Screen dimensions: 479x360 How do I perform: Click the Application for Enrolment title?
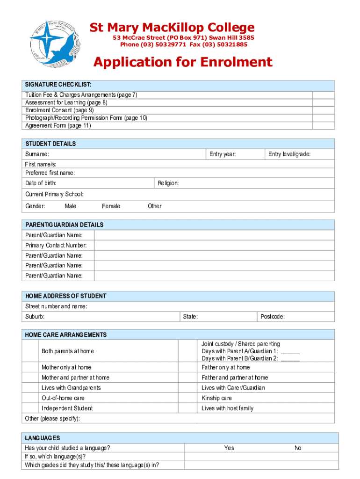tap(182, 62)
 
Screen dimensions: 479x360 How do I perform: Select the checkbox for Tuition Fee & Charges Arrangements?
tap(324, 95)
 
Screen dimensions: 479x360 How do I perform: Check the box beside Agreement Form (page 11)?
tap(324, 125)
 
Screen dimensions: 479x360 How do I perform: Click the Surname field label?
tap(37, 154)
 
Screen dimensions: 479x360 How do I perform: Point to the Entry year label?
tap(223, 154)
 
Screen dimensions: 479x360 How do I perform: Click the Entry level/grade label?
tap(289, 154)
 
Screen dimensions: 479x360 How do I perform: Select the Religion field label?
tap(168, 183)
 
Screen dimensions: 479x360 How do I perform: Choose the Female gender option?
tap(111, 206)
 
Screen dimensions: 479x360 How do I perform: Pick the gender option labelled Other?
tap(154, 206)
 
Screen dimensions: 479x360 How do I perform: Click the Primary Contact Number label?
tap(56, 246)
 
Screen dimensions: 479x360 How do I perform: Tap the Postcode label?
tap(273, 317)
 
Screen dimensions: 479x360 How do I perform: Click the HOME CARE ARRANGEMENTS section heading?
tap(65, 335)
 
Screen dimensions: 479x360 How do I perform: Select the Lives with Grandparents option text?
tap(71, 388)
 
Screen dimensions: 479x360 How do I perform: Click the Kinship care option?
tap(216, 398)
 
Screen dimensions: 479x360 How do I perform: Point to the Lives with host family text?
tap(227, 408)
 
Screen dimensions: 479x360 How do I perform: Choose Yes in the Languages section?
tap(229, 448)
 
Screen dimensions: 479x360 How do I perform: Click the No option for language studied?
tap(298, 448)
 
